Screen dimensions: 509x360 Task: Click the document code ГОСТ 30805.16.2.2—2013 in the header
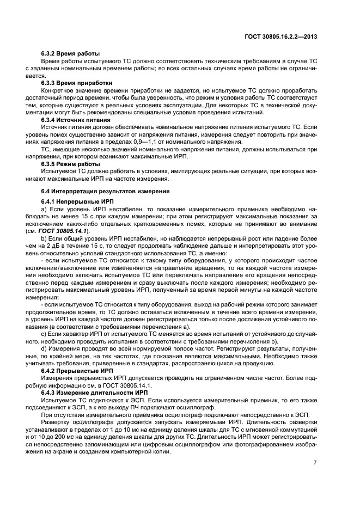(281, 36)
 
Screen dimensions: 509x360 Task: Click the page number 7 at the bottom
(315, 463)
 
